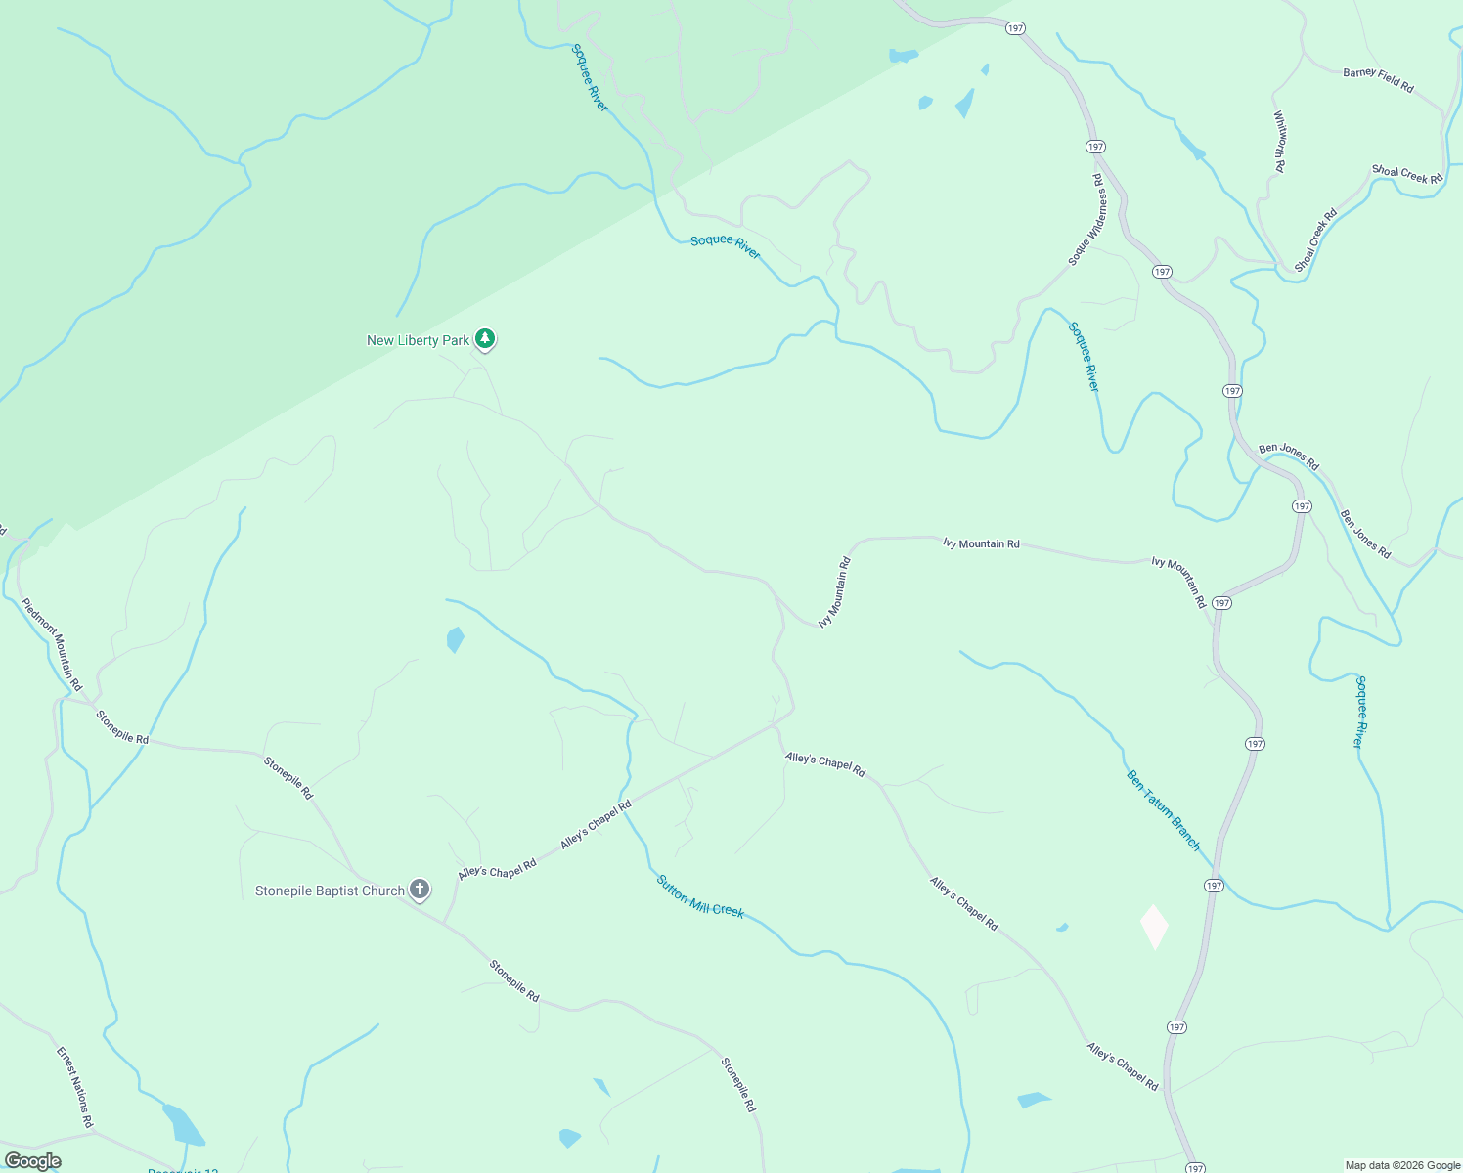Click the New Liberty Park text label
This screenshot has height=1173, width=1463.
click(x=418, y=341)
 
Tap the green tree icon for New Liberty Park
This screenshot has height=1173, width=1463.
click(x=485, y=339)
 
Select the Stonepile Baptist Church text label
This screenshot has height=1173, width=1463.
click(x=330, y=891)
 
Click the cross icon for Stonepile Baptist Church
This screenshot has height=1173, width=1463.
click(x=420, y=890)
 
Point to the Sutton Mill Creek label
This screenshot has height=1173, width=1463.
click(x=700, y=896)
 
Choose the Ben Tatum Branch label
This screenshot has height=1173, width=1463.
click(x=1163, y=810)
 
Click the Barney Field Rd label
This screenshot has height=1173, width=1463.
click(x=1378, y=80)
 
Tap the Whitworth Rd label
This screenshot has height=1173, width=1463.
click(x=1279, y=142)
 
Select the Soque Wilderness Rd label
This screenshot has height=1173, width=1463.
click(x=1085, y=220)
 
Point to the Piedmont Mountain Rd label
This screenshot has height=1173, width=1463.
click(x=52, y=644)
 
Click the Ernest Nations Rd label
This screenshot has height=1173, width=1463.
click(x=74, y=1088)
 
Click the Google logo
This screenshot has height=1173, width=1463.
click(x=32, y=1161)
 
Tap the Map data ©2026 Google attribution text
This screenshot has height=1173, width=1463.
click(x=1402, y=1165)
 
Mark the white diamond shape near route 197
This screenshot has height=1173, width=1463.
click(x=1154, y=927)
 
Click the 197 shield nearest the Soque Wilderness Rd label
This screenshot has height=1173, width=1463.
click(x=1095, y=147)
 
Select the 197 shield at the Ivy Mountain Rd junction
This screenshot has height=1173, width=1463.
click(x=1221, y=603)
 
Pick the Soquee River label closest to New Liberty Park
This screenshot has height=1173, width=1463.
click(x=725, y=246)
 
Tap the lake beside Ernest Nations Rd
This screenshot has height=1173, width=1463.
click(x=182, y=1123)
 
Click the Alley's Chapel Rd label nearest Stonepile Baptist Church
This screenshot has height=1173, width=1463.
click(x=497, y=869)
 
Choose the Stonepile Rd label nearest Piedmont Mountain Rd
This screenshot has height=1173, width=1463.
click(x=122, y=727)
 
